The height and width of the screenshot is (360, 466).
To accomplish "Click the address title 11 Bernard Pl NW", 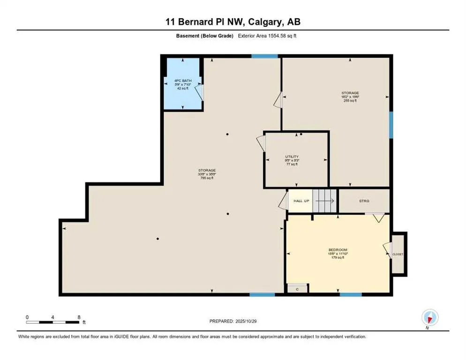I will (x=233, y=22).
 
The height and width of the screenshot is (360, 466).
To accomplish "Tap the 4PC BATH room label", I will (x=182, y=81).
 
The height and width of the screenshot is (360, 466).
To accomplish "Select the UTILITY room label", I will (x=292, y=157).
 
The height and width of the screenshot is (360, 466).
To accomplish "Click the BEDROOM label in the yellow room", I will (x=338, y=249).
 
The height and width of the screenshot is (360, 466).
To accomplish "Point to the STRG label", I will (x=364, y=201).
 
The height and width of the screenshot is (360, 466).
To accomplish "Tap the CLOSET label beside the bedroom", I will (x=398, y=254).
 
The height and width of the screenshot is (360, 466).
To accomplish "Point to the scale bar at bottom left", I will (x=53, y=322).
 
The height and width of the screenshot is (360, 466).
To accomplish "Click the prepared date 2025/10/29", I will (x=233, y=321).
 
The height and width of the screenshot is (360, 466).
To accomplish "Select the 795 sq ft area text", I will (x=207, y=178).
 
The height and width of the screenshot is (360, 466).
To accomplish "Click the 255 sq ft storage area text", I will (x=350, y=100).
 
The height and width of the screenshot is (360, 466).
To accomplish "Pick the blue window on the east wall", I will (x=391, y=125).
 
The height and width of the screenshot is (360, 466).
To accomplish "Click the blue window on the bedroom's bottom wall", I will (x=350, y=294).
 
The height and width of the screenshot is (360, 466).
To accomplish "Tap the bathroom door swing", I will (x=199, y=92).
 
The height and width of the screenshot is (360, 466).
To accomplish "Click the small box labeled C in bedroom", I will (x=297, y=289).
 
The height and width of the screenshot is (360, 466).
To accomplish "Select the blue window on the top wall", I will (x=264, y=56).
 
